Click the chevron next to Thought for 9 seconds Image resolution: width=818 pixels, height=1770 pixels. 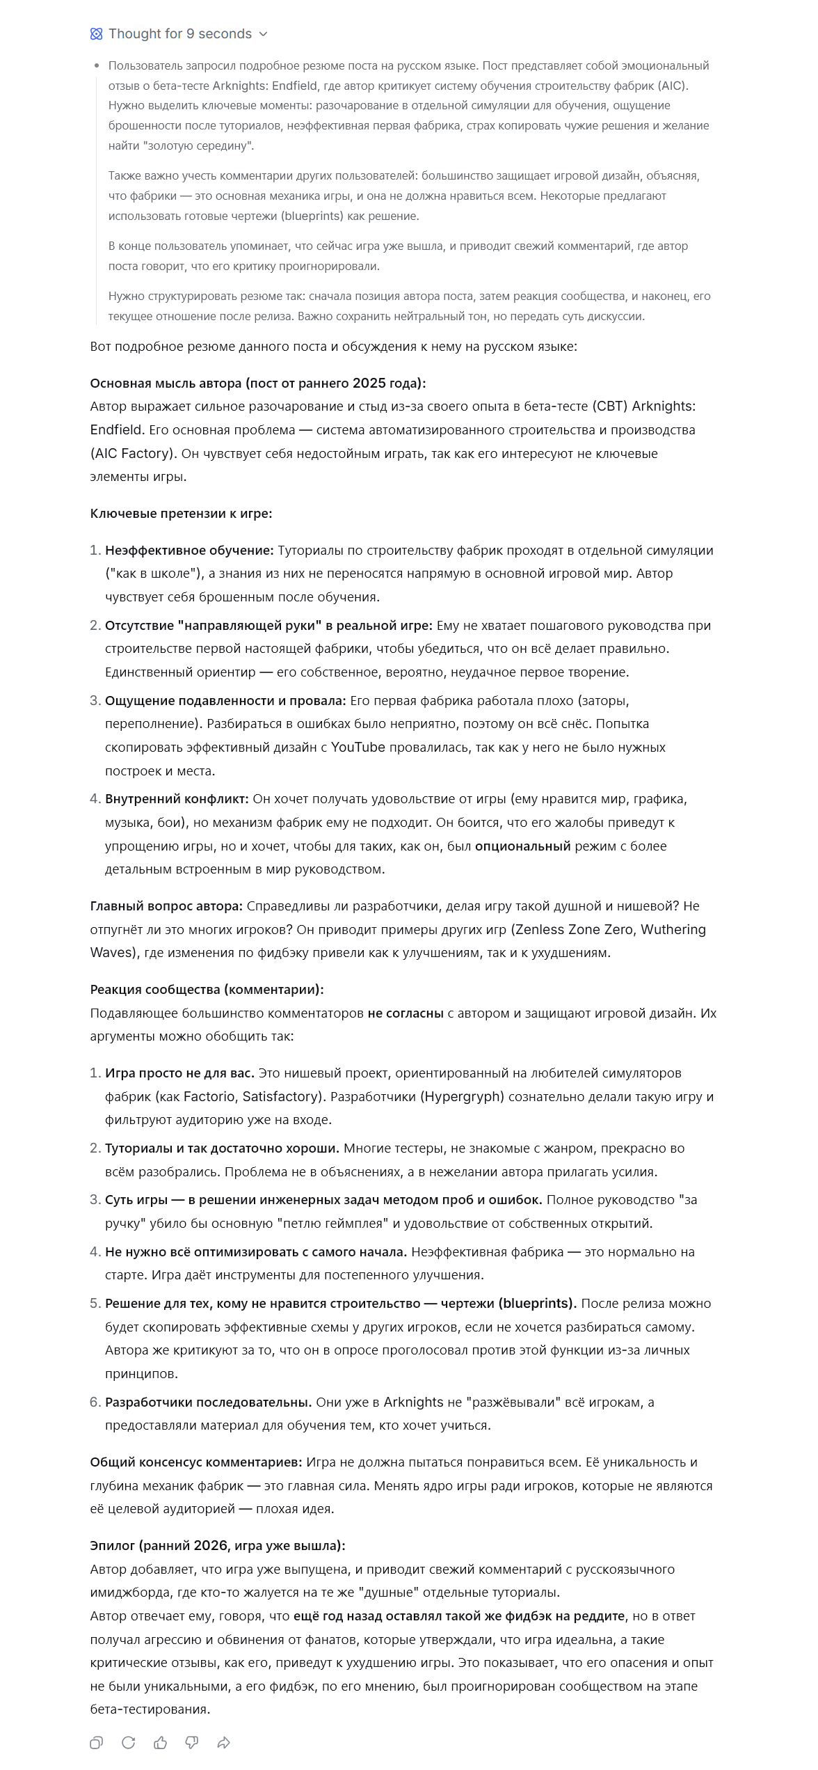click(x=263, y=34)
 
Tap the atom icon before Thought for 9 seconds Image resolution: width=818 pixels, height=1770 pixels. click(x=97, y=34)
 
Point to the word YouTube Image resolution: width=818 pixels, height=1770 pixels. click(x=358, y=747)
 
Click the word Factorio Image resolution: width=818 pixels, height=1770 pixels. click(x=209, y=1096)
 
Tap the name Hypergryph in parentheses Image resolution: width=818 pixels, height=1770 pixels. click(x=462, y=1096)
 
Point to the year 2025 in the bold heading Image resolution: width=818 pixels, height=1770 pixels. click(x=369, y=383)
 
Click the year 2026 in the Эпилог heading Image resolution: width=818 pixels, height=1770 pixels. click(x=210, y=1545)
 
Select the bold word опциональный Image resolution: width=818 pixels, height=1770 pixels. click(x=522, y=846)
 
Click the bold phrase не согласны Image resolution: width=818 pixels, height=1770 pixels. click(x=406, y=1013)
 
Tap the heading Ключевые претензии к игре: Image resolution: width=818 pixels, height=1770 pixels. click(x=181, y=513)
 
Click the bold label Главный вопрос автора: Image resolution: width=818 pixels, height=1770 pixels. click(x=166, y=906)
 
